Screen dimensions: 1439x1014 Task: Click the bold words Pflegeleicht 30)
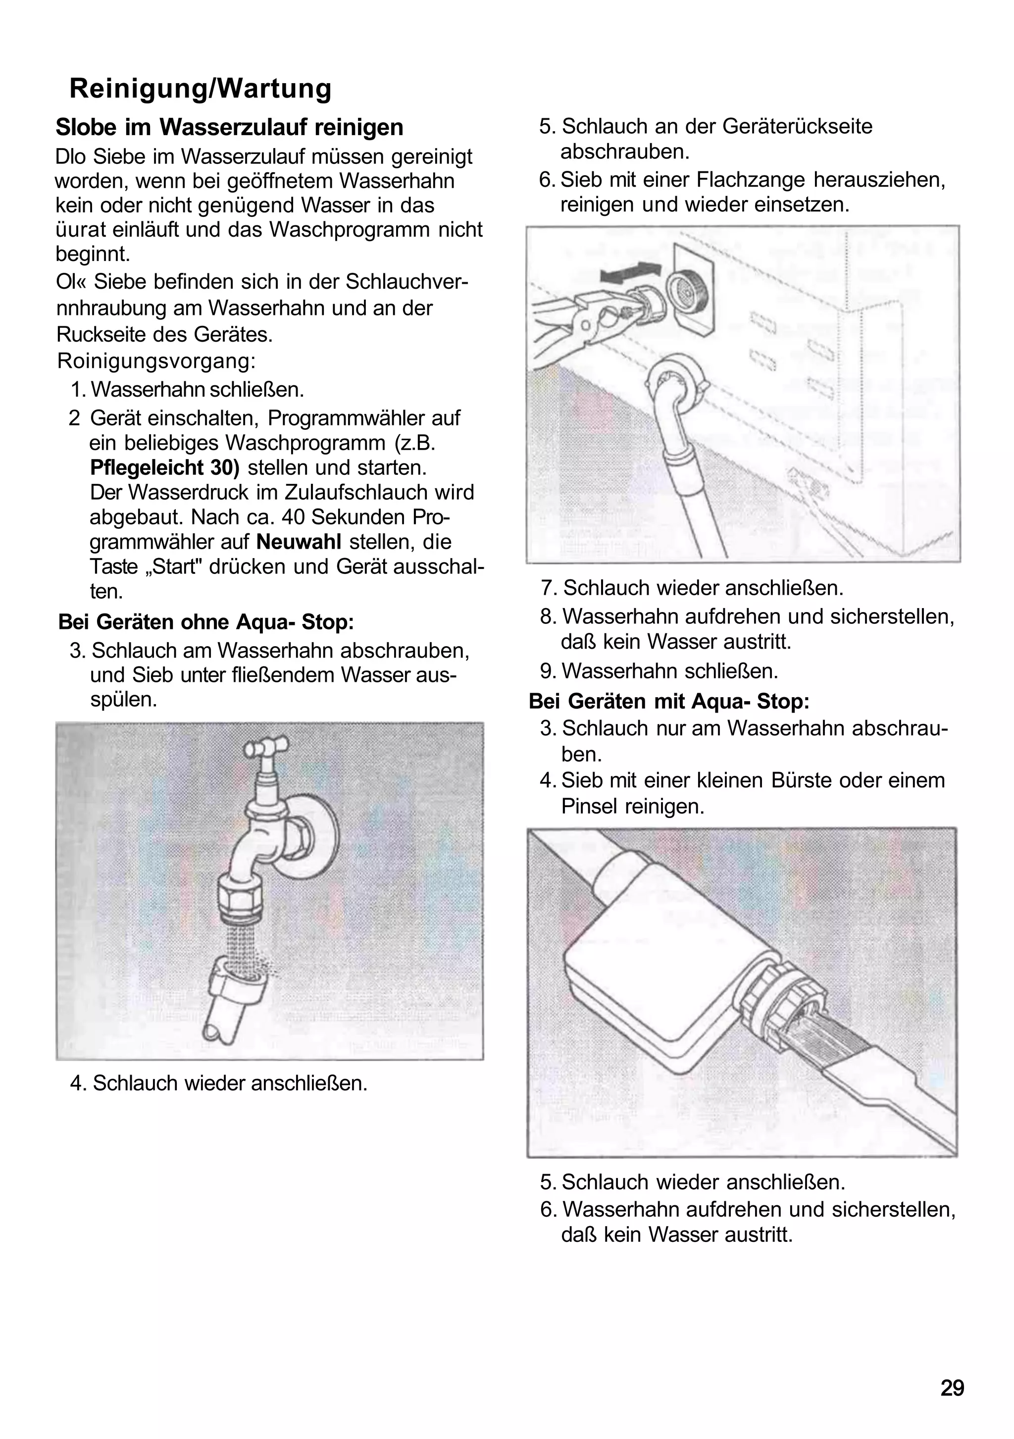point(165,467)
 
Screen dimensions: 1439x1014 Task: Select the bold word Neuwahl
point(299,542)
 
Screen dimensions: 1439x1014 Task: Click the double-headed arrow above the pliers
point(630,271)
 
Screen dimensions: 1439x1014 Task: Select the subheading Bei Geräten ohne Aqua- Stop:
point(206,622)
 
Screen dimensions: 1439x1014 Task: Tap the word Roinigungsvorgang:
point(156,361)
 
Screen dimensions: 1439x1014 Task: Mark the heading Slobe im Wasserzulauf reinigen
point(229,127)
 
